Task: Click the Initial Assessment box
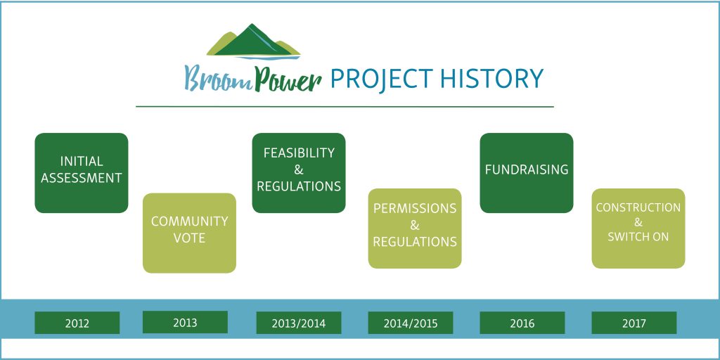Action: tap(82, 173)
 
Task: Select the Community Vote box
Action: tap(189, 233)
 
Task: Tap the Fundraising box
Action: tap(527, 173)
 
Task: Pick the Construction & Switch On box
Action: tap(638, 229)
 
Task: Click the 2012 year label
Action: tap(77, 323)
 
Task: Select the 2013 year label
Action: tap(185, 322)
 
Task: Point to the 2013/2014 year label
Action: tap(298, 323)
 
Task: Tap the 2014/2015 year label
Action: tap(411, 323)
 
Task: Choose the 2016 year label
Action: tap(522, 323)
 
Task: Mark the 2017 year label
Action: tap(634, 323)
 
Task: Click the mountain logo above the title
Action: tap(253, 41)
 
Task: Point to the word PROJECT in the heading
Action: tap(382, 79)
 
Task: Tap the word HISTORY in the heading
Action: tap(491, 79)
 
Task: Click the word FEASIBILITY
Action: tap(299, 153)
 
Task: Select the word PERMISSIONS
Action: tap(415, 208)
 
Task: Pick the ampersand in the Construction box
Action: tap(638, 223)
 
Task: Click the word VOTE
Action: tap(189, 238)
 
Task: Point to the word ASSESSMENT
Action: tap(82, 178)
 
